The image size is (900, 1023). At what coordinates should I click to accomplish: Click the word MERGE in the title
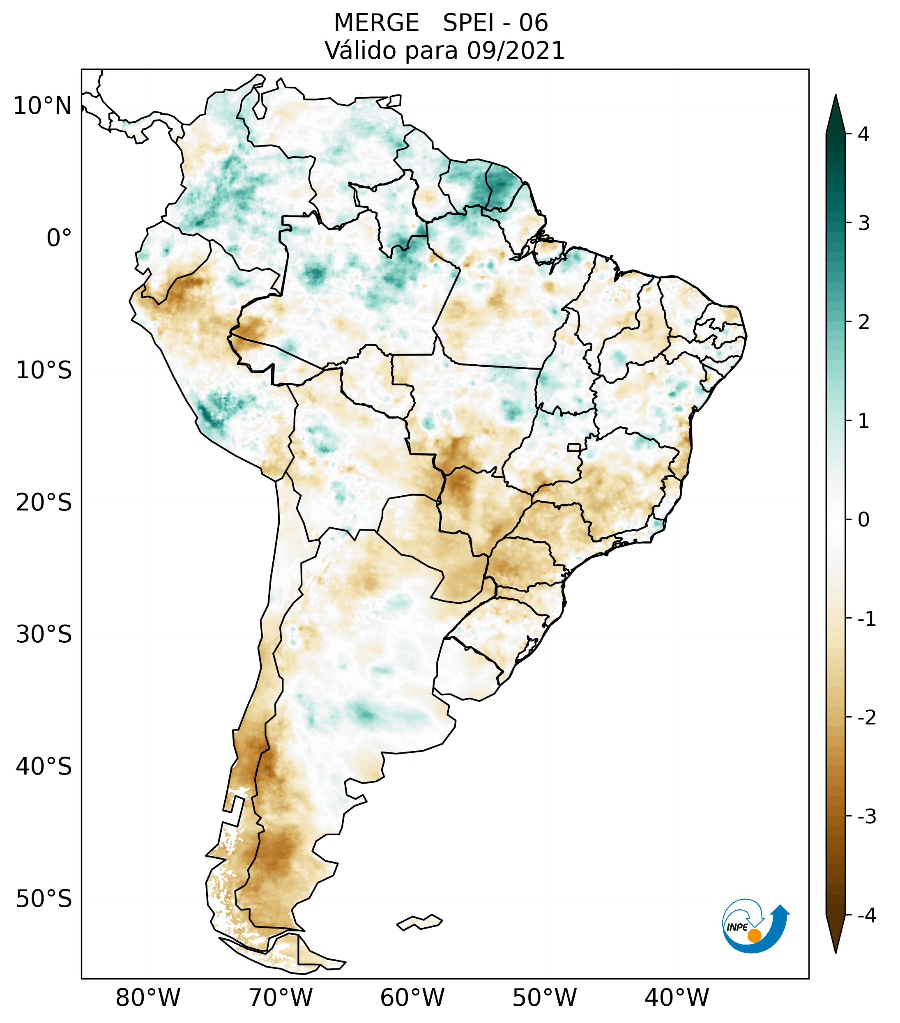point(376,23)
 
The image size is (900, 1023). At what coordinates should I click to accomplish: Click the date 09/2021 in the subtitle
point(516,51)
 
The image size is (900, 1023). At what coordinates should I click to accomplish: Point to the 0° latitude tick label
point(59,238)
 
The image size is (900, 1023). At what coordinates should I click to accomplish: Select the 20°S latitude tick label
point(44,503)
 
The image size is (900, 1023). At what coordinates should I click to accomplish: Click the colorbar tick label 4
point(863,134)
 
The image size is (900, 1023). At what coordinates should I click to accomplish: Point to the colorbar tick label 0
point(863,520)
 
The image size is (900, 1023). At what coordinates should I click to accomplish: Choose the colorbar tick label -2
point(866,718)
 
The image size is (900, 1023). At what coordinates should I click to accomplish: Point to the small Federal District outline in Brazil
point(573,447)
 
